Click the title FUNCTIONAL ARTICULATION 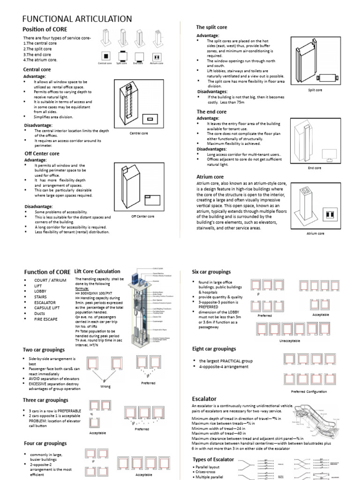coord(77,18)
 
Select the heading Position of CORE coord(48,30)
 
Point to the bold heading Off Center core coord(42,153)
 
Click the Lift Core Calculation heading coord(97,271)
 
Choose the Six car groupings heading coord(211,271)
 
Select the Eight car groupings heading coord(214,349)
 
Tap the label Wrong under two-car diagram coord(105,387)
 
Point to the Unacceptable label coord(289,341)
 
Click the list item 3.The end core coord(37,54)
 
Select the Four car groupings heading coord(45,443)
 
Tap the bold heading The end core coord(211,112)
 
